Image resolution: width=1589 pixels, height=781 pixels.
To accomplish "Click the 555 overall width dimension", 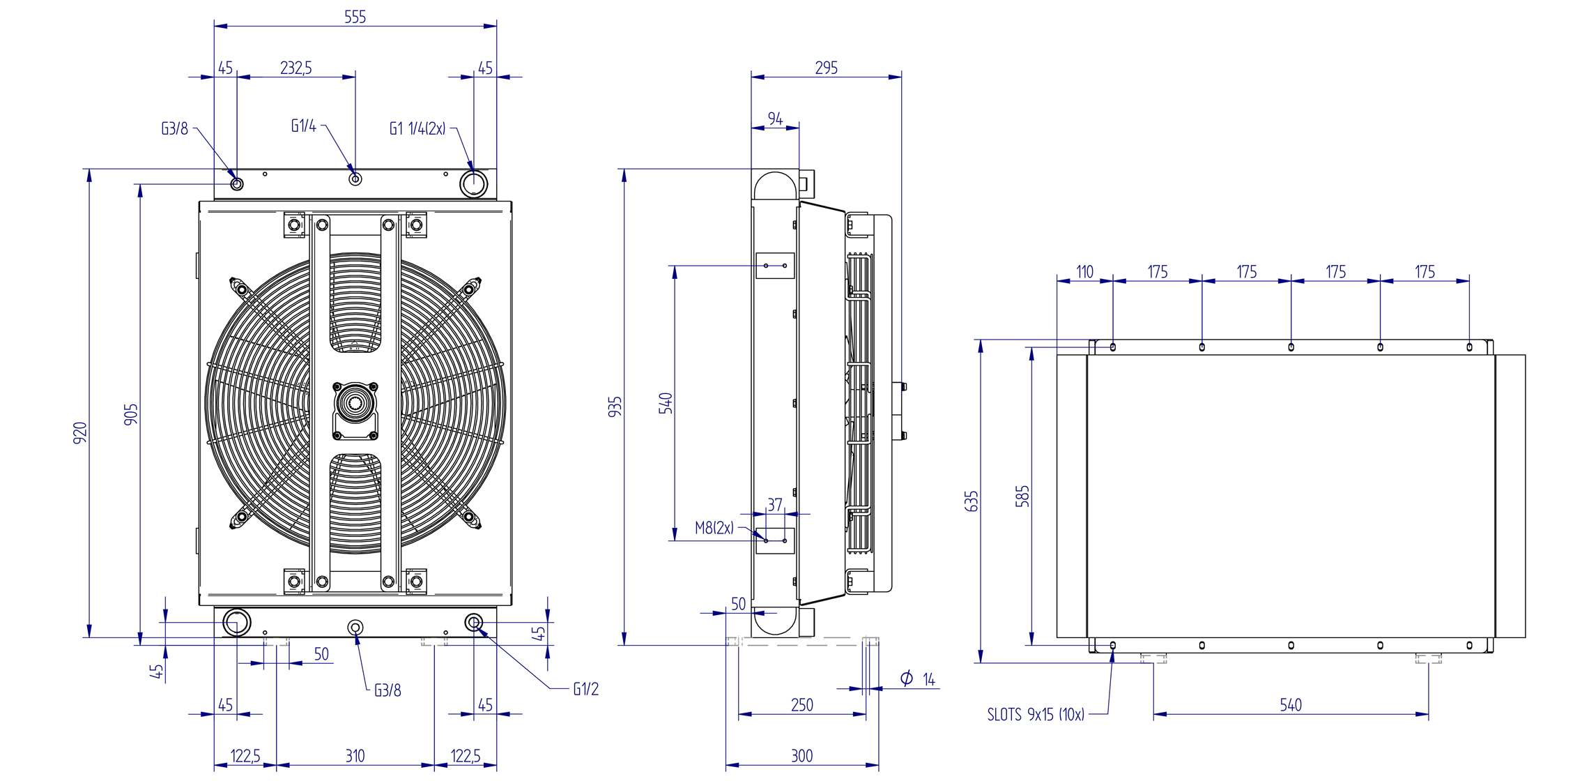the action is (355, 17).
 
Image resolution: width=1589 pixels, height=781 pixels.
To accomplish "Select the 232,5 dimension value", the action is (295, 68).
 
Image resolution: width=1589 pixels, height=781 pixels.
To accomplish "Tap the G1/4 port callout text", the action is (303, 126).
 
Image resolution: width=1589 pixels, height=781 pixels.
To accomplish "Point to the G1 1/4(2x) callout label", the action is (417, 128).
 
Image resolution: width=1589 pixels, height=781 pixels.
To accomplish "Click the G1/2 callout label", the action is (585, 689).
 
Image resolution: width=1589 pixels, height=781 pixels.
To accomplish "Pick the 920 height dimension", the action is (81, 432).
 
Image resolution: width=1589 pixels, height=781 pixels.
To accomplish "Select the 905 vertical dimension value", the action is (131, 414).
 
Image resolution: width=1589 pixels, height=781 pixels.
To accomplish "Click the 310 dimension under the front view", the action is (355, 756).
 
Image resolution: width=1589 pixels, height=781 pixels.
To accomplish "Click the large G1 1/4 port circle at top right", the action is (474, 183).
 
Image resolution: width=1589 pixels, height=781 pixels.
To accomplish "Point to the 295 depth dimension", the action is (826, 68).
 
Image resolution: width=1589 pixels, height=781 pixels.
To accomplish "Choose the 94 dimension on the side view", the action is (775, 119).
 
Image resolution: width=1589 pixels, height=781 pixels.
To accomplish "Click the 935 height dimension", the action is (615, 407).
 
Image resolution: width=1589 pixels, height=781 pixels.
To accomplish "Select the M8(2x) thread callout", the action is (714, 528).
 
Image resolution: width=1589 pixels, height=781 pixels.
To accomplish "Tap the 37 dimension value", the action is (775, 504).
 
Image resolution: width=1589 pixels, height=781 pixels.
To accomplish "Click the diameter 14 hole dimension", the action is (918, 678).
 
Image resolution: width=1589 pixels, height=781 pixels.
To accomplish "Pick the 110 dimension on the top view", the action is (1084, 272).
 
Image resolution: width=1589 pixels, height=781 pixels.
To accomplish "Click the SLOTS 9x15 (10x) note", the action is (1036, 715).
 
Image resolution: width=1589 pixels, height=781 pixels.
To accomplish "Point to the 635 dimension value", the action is (972, 501).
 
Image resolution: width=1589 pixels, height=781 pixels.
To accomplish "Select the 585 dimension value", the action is (1022, 496).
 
